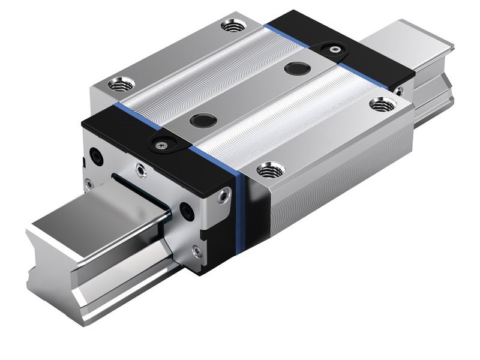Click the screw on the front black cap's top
click(x=161, y=145)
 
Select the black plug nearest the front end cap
click(x=203, y=120)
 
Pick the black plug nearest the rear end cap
click(x=297, y=68)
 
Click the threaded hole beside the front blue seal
click(x=270, y=170)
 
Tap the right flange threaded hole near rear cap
click(x=382, y=105)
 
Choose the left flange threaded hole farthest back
click(x=233, y=26)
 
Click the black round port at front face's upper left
click(x=96, y=157)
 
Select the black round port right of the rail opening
click(x=187, y=211)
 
